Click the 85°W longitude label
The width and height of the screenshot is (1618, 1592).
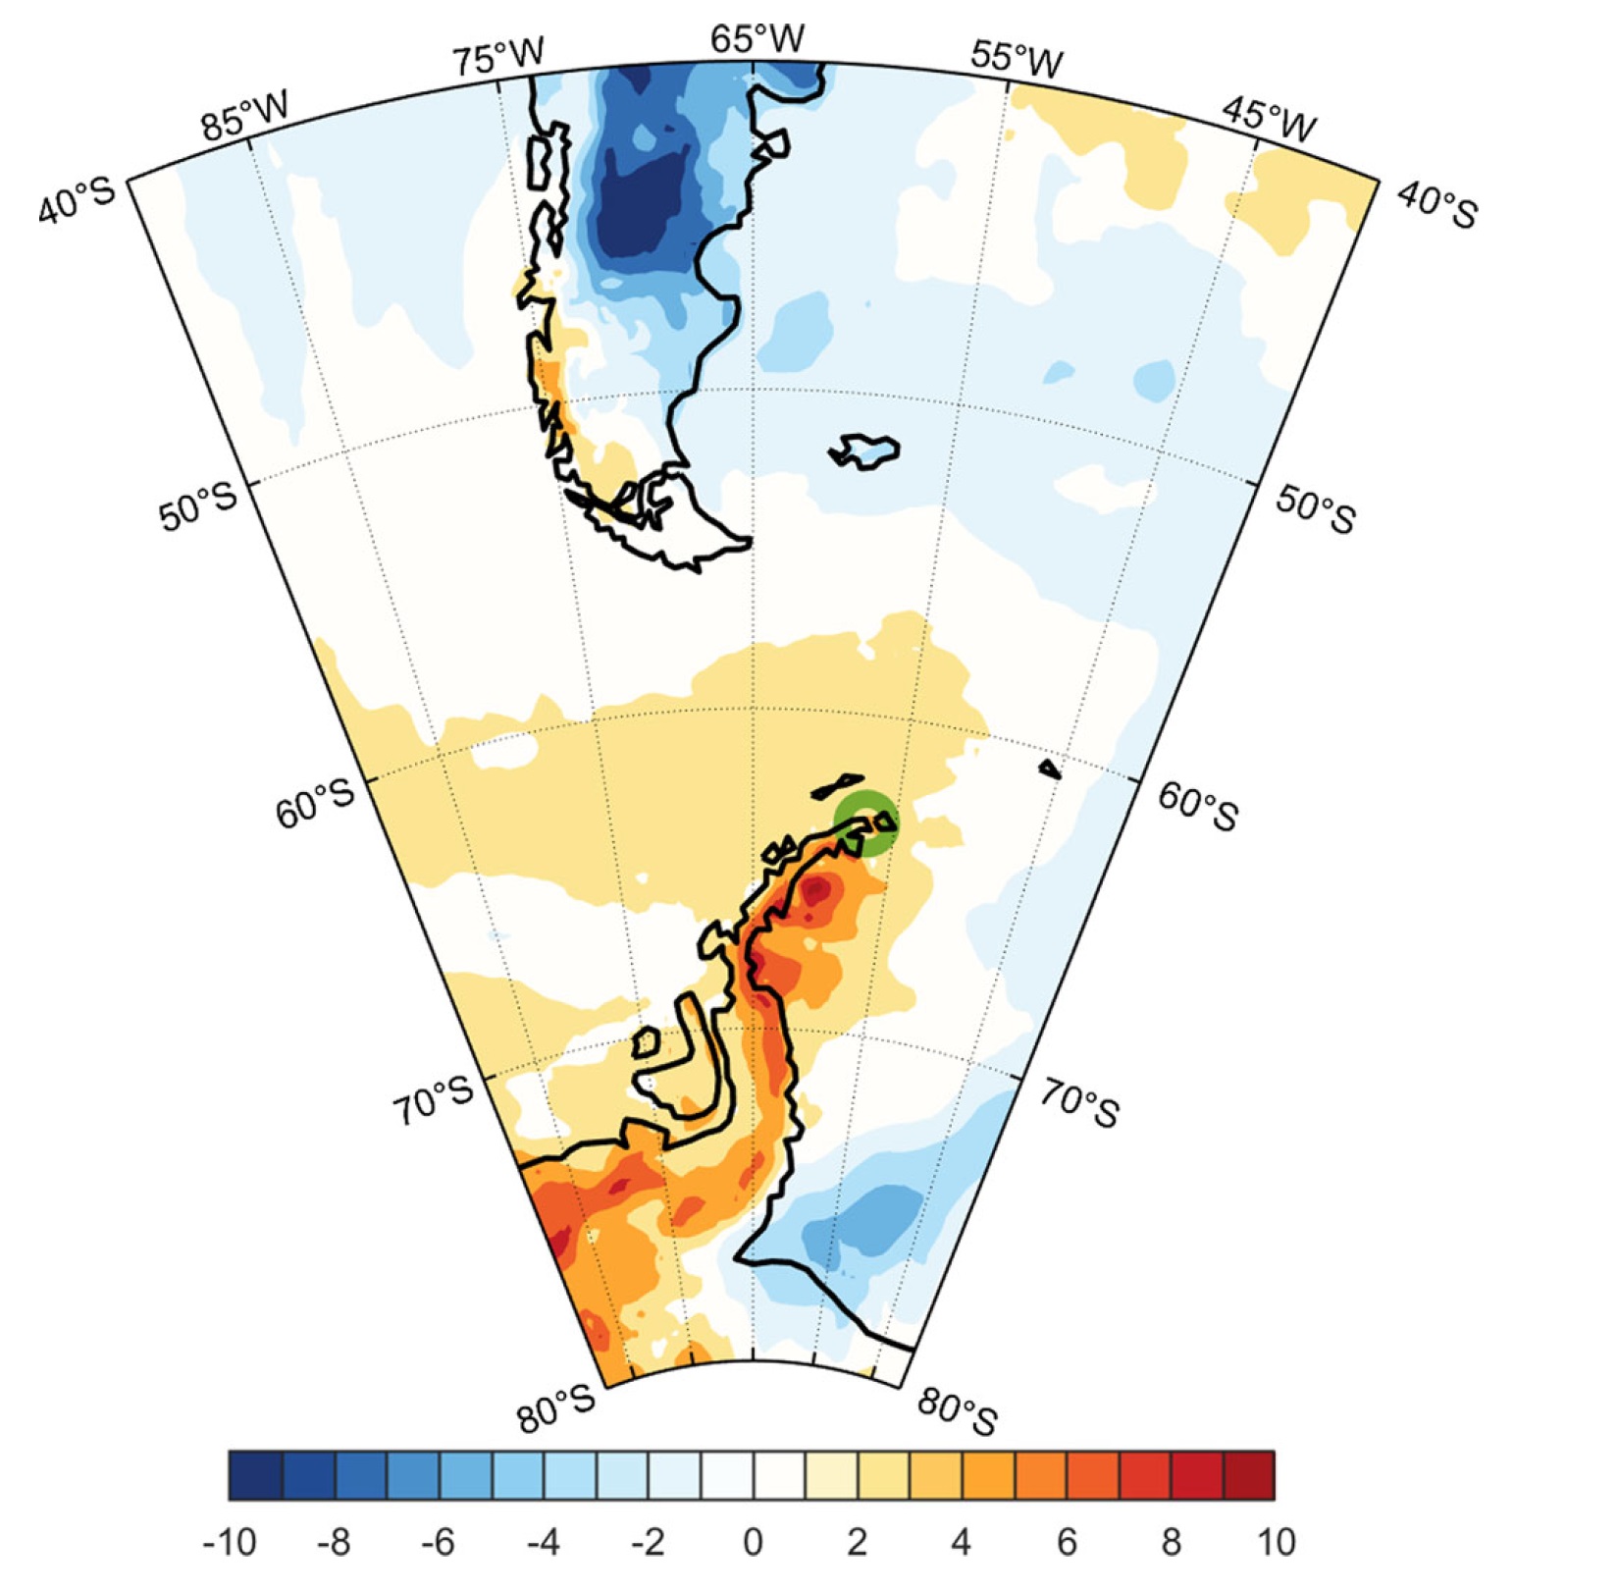tap(245, 116)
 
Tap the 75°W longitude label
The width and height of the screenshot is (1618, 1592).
tap(497, 56)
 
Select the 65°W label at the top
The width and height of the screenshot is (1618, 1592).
tap(757, 38)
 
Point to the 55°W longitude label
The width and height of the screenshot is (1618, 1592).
tap(1017, 58)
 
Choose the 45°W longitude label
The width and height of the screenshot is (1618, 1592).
tap(1269, 119)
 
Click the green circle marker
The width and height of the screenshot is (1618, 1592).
tap(865, 823)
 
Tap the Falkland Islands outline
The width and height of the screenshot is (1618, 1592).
tap(864, 451)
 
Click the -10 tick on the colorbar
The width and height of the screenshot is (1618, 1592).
tap(230, 1542)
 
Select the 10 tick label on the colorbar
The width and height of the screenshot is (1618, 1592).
tap(1275, 1542)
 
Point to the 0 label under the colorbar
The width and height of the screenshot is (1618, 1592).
tap(753, 1542)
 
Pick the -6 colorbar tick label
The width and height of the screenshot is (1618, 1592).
tap(439, 1542)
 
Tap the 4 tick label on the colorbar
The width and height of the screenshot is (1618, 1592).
tap(962, 1542)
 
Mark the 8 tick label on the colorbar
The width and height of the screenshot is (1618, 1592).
tap(1171, 1542)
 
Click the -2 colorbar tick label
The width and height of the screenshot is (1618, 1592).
tap(648, 1542)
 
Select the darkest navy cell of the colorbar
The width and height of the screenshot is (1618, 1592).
tap(255, 1475)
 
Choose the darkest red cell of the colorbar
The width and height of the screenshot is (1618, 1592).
tap(1249, 1475)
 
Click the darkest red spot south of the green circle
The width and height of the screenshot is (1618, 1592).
tap(816, 891)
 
